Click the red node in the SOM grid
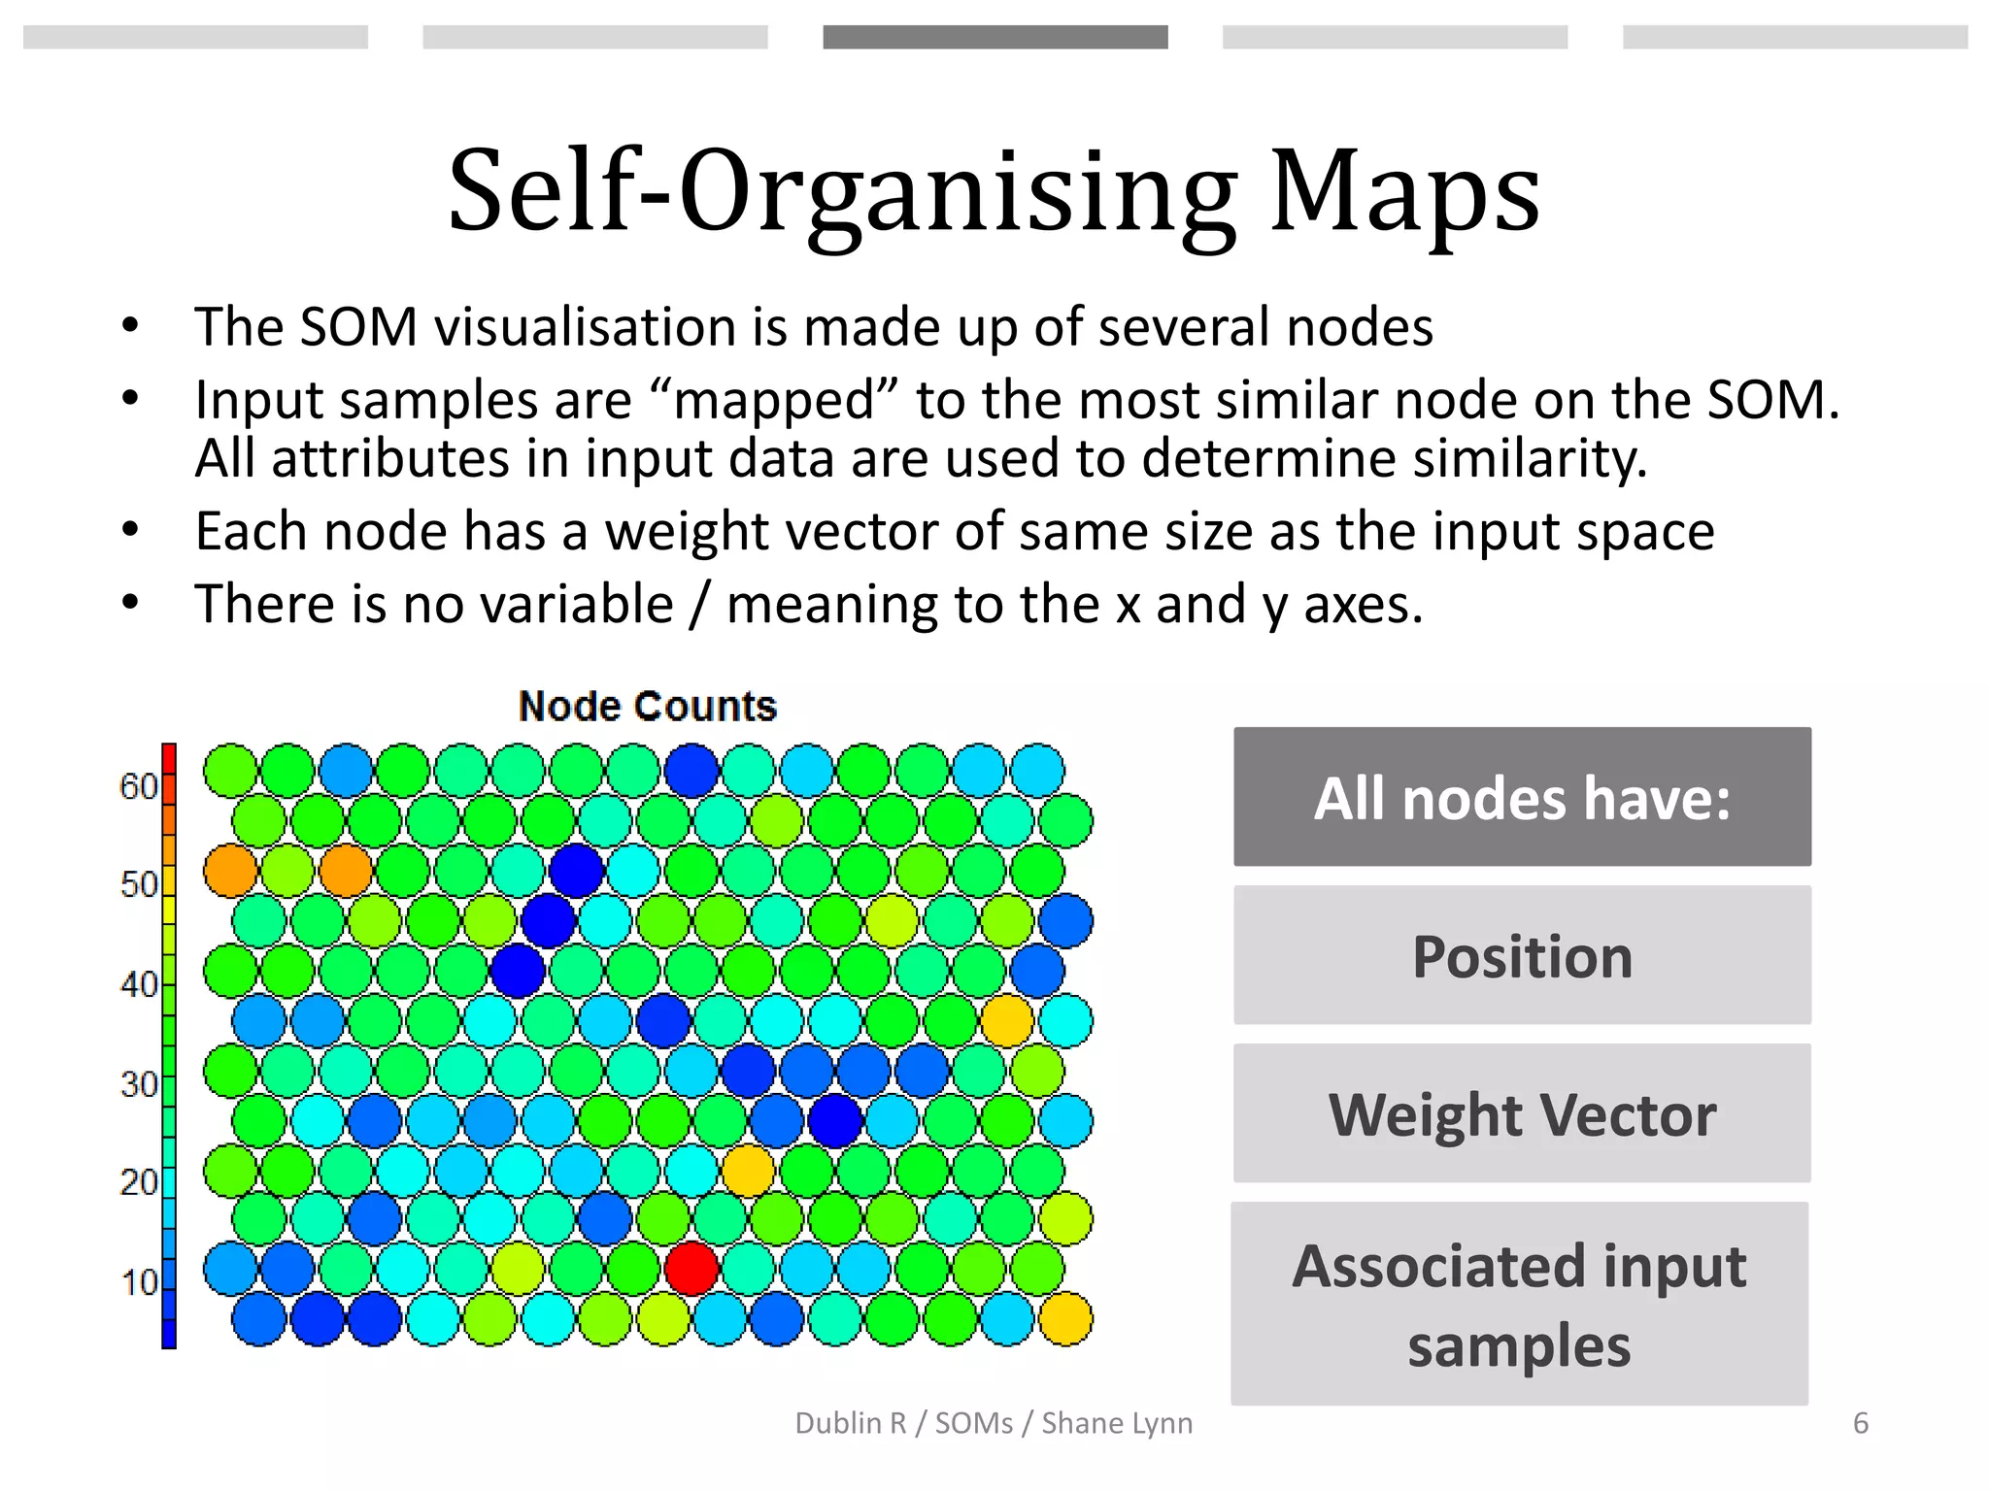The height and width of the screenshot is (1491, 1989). (691, 1268)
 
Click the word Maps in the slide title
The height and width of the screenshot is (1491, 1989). (1404, 191)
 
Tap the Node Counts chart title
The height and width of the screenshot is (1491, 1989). (648, 706)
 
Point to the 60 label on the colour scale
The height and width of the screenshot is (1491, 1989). (138, 785)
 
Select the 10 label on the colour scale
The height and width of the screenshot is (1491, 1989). (138, 1282)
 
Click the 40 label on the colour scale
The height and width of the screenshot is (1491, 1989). (138, 984)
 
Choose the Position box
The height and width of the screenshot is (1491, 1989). (1522, 955)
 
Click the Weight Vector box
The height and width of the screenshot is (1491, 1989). (1522, 1113)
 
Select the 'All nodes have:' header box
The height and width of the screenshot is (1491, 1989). (1522, 797)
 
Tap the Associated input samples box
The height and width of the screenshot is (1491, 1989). (1520, 1304)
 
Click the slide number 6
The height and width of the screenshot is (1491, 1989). (1860, 1423)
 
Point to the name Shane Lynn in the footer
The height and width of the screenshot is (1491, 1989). (1117, 1423)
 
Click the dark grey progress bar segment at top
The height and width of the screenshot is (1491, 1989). (994, 37)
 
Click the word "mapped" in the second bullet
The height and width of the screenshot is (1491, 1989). (774, 400)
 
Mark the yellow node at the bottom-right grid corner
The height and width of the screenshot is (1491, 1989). (1065, 1318)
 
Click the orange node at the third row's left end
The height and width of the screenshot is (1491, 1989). (230, 870)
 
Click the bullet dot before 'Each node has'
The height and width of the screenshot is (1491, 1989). (131, 530)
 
